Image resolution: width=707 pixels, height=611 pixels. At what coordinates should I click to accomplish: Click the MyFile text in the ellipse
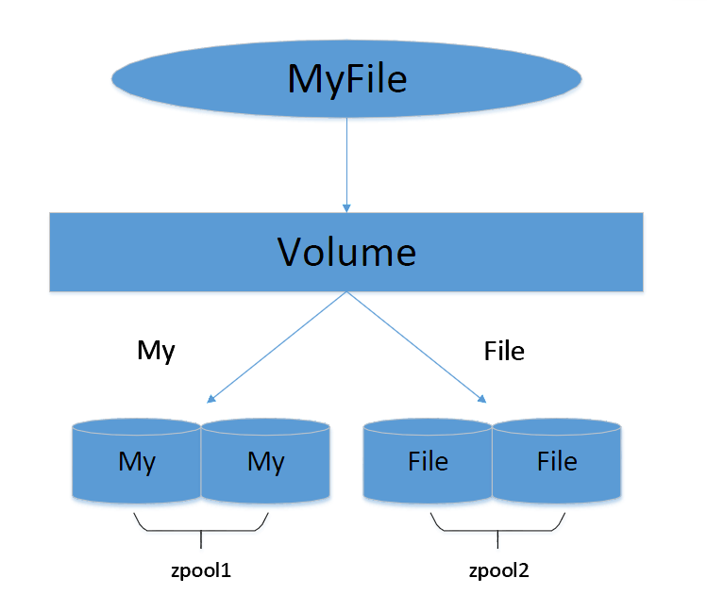346,79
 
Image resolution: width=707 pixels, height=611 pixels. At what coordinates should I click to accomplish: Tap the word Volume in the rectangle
346,252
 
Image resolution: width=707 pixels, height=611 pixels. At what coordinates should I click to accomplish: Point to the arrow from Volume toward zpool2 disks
416,346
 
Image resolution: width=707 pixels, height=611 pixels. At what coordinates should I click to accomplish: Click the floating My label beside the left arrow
156,351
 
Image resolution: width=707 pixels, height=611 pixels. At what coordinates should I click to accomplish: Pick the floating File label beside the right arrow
503,352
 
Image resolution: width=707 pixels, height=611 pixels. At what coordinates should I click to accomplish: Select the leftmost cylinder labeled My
137,462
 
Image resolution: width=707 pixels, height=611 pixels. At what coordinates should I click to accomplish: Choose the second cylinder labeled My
265,462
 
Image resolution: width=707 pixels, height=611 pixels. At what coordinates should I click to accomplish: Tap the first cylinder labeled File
428,462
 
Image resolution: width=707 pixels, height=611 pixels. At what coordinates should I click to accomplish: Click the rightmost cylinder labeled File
557,462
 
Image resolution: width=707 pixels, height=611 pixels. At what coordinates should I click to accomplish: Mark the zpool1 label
201,570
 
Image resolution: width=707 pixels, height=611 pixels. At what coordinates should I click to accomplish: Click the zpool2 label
497,570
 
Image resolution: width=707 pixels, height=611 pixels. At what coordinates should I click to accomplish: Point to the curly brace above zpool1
201,528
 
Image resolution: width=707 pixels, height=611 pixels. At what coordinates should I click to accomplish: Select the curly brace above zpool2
497,528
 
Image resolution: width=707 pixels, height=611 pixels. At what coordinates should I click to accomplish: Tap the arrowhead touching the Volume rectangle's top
347,207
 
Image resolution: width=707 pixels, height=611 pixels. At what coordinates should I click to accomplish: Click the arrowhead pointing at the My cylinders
211,400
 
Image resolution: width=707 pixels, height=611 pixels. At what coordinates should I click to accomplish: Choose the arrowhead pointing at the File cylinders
483,399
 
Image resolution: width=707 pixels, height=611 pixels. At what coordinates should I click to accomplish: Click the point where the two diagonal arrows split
347,292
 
